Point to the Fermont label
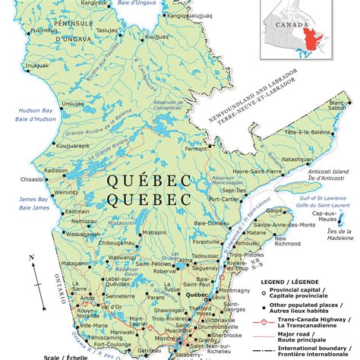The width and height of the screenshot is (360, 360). [197, 149]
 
